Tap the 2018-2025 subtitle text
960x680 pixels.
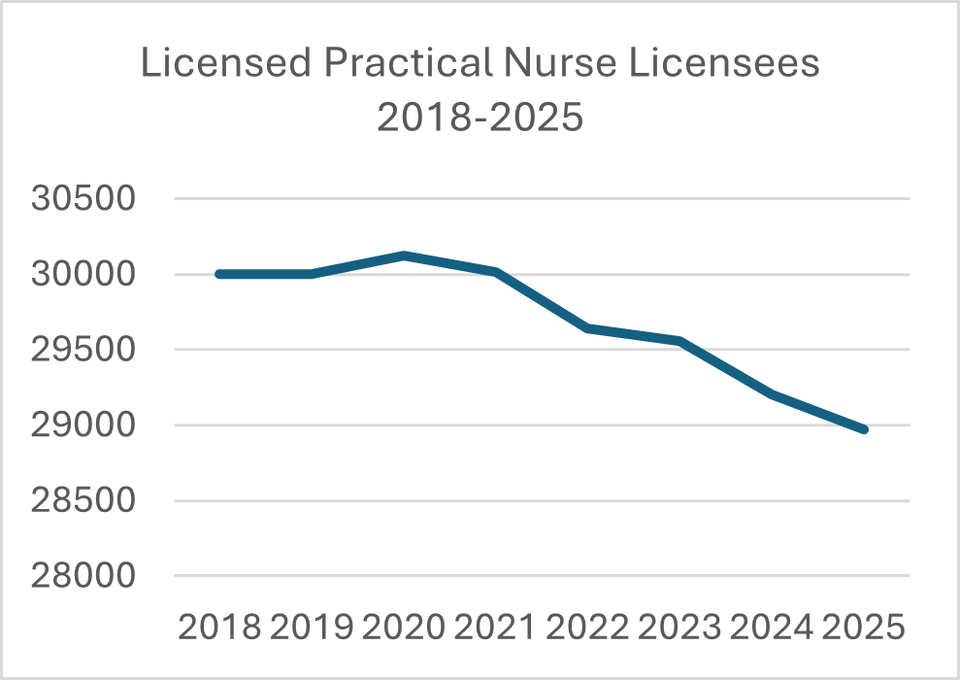tap(480, 118)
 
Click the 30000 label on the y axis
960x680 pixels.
tap(83, 275)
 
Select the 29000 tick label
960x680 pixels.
tap(83, 425)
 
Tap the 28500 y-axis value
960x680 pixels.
tap(83, 501)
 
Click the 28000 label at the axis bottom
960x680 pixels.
tap(83, 576)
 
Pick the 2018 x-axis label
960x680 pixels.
tap(219, 627)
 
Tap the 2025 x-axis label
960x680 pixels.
tap(864, 627)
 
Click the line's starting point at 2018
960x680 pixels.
tap(219, 274)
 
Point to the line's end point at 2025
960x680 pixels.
tap(863, 428)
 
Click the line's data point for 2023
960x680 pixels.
tap(679, 341)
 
